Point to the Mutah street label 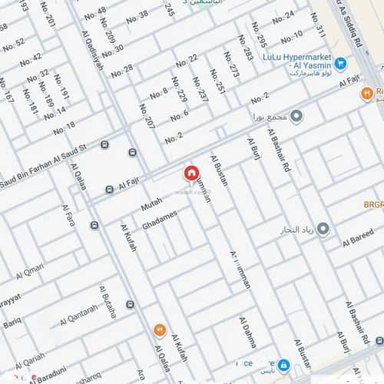pyautogui.click(x=152, y=204)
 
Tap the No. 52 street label pyautogui.click(x=13, y=45)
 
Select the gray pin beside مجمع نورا pyautogui.click(x=296, y=117)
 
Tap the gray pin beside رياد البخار pyautogui.click(x=323, y=230)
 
